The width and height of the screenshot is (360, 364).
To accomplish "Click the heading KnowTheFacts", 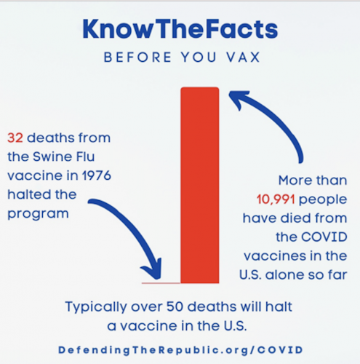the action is click(x=180, y=29).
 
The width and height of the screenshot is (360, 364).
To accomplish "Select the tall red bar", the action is click(x=200, y=185).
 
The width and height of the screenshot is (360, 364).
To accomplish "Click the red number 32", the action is click(x=15, y=138).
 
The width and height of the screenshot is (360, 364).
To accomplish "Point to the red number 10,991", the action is click(x=276, y=199).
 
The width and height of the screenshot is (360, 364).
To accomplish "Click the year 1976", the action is click(x=97, y=175).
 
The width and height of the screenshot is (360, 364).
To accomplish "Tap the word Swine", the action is click(x=52, y=157).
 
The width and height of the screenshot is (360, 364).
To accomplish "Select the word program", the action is click(x=38, y=214).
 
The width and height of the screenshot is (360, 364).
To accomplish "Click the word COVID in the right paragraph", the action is click(x=324, y=237).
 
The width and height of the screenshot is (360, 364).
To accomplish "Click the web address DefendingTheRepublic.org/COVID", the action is click(x=180, y=350).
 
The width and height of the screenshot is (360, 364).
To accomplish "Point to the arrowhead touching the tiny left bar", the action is click(x=153, y=271).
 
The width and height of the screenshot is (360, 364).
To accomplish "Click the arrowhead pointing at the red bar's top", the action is click(x=239, y=98).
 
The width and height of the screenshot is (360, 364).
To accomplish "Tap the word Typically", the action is click(x=96, y=307).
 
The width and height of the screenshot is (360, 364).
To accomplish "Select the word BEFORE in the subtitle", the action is click(x=137, y=58).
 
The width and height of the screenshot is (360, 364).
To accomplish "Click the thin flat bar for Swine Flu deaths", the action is click(x=161, y=283).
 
